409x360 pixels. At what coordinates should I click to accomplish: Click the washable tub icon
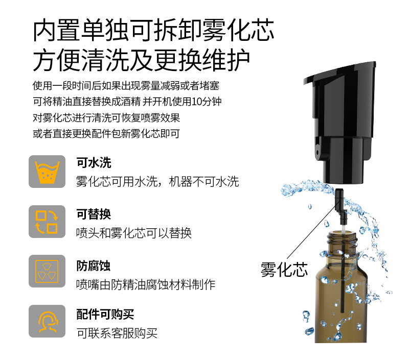[x=47, y=172]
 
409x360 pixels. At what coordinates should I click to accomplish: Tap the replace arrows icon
[x=47, y=222]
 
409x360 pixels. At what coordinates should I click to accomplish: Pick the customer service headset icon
[x=47, y=321]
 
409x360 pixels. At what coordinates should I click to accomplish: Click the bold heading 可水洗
[x=94, y=163]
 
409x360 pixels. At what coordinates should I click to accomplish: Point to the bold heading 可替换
[x=94, y=214]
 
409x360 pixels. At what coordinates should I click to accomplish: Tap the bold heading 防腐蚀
[x=94, y=266]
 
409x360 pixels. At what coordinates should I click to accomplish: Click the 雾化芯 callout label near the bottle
[x=284, y=269]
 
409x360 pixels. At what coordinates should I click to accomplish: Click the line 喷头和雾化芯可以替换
[x=134, y=233]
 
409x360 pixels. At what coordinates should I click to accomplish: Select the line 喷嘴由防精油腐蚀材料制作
[x=146, y=284]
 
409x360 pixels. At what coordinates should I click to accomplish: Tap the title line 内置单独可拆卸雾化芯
[x=153, y=31]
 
